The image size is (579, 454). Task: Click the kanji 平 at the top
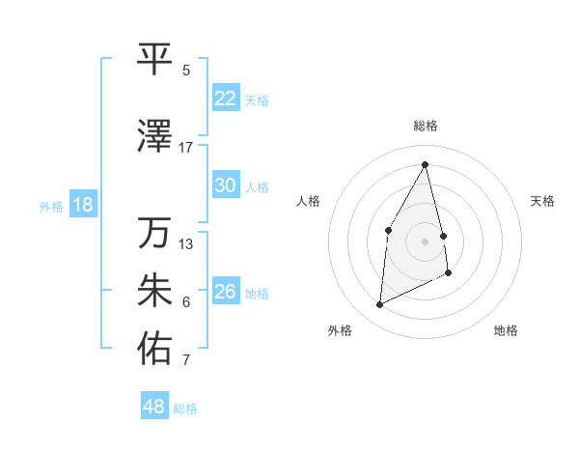(154, 59)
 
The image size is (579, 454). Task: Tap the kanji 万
(154, 233)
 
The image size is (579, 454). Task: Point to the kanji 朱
(154, 291)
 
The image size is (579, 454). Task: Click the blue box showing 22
(225, 99)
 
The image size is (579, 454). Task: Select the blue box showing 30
(225, 185)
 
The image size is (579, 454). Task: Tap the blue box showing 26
(225, 292)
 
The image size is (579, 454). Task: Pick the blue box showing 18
(82, 205)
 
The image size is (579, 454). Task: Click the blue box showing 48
(154, 407)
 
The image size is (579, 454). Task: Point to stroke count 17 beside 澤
(186, 147)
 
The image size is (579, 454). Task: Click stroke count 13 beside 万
(186, 243)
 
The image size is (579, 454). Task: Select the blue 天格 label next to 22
(257, 99)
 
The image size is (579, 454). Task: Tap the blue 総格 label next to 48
(186, 409)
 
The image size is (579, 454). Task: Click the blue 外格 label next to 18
(50, 206)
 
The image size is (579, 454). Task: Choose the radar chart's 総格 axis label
(426, 126)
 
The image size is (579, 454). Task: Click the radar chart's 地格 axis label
(506, 330)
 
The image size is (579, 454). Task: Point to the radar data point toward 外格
(379, 305)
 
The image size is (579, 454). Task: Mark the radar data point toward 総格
(426, 164)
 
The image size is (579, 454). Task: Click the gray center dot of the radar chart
(426, 241)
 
